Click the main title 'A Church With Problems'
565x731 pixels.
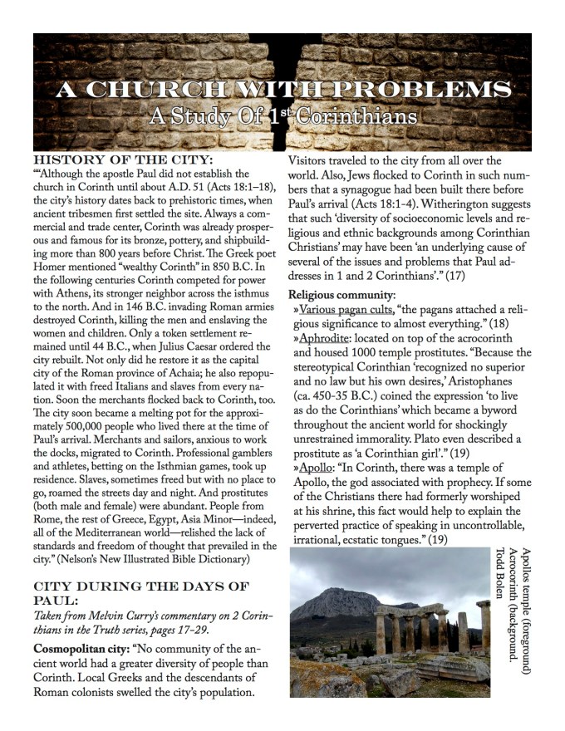(282, 89)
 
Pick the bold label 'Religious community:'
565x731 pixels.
(342, 294)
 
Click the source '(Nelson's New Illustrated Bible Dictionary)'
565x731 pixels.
(132, 558)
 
